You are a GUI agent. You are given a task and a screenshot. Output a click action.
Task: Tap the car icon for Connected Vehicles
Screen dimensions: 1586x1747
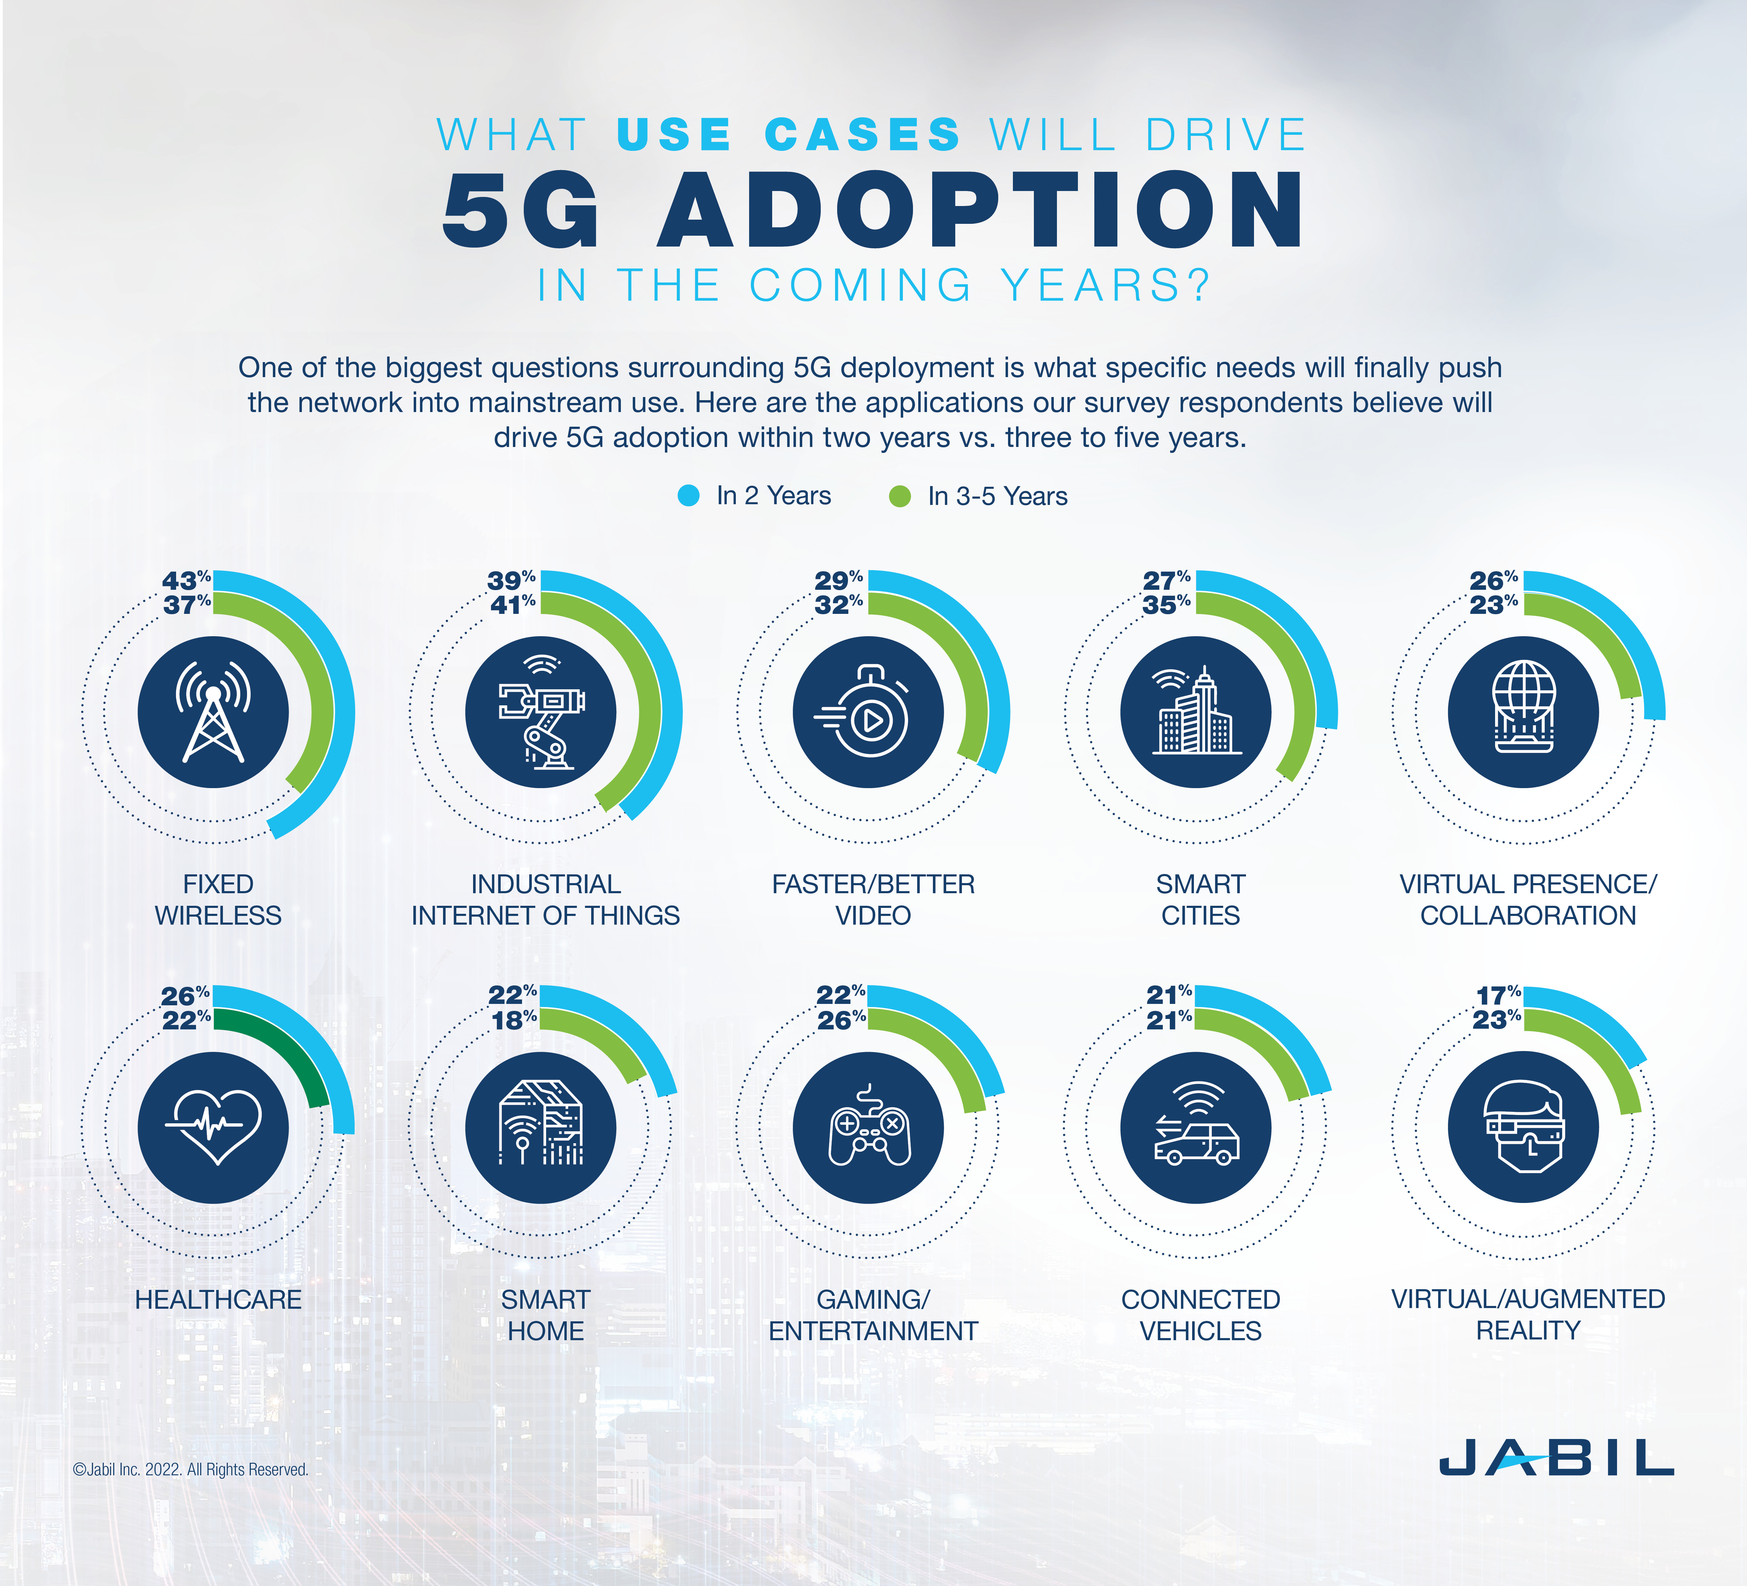pyautogui.click(x=1196, y=1130)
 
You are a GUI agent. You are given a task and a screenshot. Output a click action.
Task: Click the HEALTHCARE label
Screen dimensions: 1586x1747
pyautogui.click(x=218, y=1299)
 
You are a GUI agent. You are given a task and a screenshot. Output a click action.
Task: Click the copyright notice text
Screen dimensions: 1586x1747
pyautogui.click(x=191, y=1469)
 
